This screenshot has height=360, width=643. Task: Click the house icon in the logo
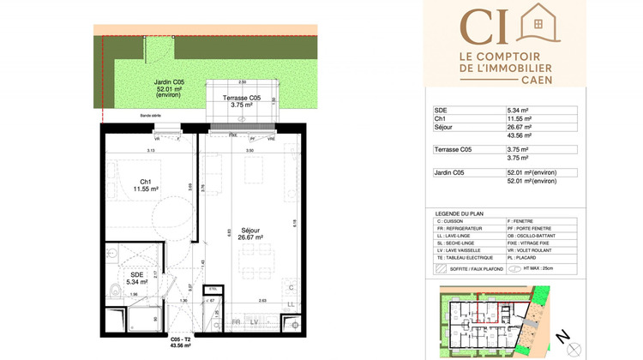point(538,26)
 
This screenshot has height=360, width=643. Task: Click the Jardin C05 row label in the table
point(450,173)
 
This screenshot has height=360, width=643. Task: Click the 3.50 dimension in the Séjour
point(249,151)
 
